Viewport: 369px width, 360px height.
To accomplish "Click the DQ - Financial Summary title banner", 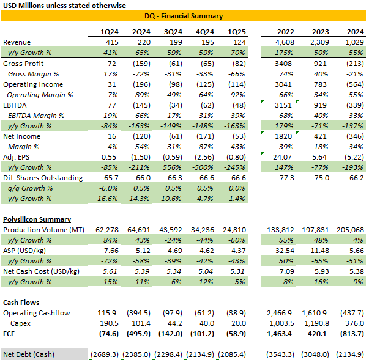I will click(x=184, y=16).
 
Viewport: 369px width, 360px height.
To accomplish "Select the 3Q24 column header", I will click(x=174, y=32).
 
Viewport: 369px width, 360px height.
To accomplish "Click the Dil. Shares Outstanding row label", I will click(x=43, y=178).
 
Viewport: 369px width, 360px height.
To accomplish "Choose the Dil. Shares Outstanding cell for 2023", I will click(x=321, y=178).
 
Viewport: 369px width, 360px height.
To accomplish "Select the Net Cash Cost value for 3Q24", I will click(x=174, y=271).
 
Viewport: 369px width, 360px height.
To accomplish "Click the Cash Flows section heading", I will click(x=21, y=303).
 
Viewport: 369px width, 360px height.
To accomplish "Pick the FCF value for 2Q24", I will click(x=141, y=334).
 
